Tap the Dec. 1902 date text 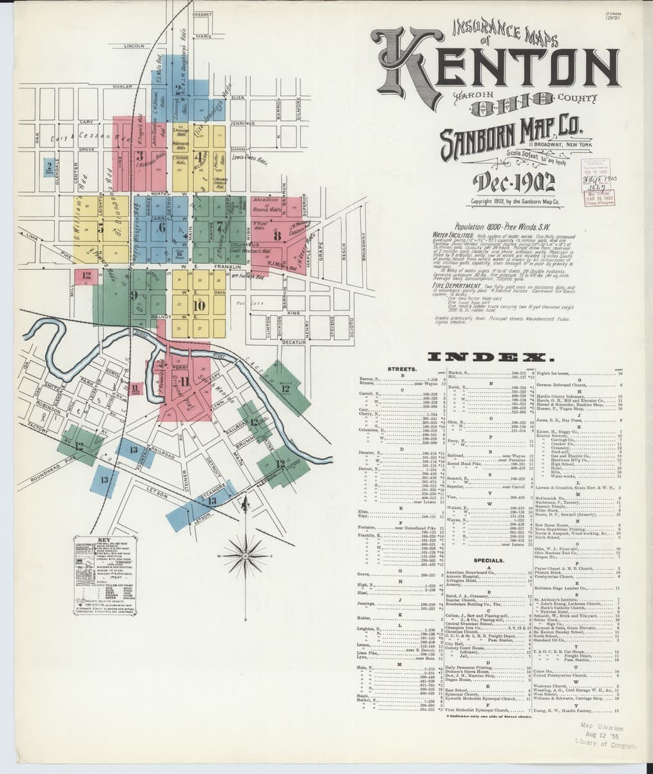(x=514, y=183)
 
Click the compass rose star (x=244, y=553)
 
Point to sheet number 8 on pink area (x=277, y=235)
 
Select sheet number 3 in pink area (x=139, y=155)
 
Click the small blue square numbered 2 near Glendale (x=50, y=166)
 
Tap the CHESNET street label (x=202, y=14)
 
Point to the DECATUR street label (x=293, y=342)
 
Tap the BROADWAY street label (x=364, y=246)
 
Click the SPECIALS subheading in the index (x=488, y=561)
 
